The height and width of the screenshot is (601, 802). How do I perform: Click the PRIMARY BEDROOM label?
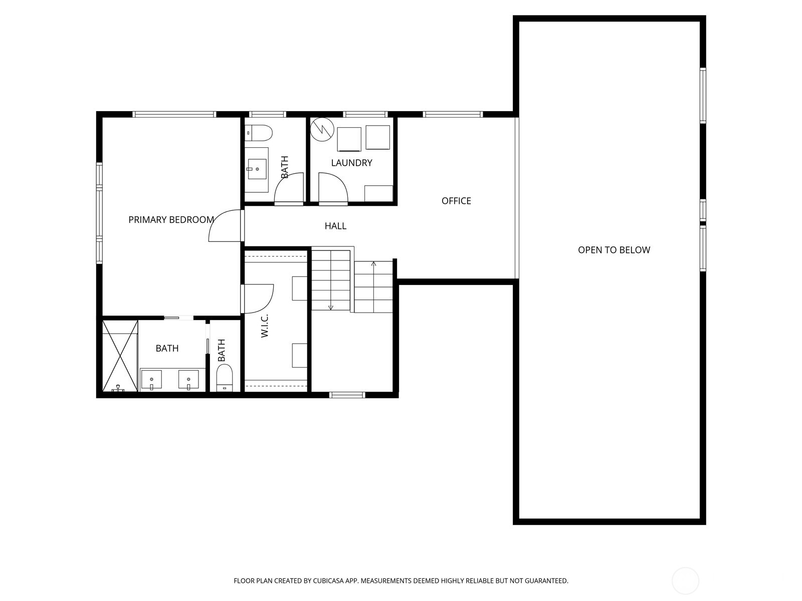point(171,220)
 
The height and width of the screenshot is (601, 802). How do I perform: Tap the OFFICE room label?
point(456,201)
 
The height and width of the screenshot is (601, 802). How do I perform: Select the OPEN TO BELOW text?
point(614,250)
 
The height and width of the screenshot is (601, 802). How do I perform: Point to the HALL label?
point(335,226)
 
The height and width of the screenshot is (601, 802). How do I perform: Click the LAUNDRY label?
point(351,163)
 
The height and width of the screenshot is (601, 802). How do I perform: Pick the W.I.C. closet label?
point(265,326)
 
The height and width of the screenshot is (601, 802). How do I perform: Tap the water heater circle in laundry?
point(322,130)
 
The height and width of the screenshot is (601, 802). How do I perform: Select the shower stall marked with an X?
point(120,356)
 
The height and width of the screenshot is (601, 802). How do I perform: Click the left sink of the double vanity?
point(151,380)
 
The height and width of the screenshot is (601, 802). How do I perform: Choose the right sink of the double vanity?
point(189,380)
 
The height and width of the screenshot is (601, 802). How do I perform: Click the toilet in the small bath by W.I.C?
point(225,378)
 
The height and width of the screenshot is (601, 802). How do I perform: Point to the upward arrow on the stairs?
point(373,264)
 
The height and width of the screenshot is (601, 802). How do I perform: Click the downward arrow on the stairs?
point(331,307)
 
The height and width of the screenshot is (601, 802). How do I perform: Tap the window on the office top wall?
point(453,115)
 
